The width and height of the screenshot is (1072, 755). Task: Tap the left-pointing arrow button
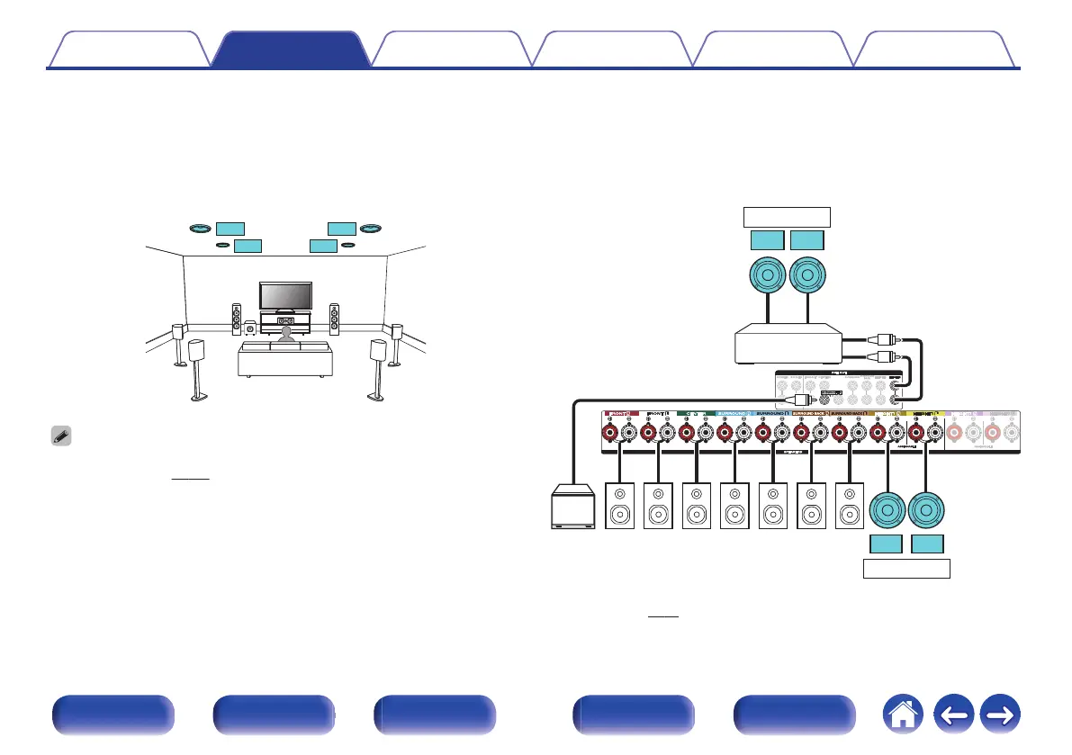point(955,715)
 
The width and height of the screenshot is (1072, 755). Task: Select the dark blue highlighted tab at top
point(290,49)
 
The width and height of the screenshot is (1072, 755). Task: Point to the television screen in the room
point(285,295)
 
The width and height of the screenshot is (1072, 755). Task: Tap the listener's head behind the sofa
point(285,333)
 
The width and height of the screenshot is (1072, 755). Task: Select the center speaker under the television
point(286,321)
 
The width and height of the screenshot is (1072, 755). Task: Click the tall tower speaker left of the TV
point(237,320)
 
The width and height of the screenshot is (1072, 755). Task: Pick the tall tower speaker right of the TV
point(334,320)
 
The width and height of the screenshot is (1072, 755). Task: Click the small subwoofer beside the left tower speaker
point(249,328)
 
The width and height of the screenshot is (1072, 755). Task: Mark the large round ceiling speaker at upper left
point(201,229)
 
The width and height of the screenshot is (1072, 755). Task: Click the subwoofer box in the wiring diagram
point(572,508)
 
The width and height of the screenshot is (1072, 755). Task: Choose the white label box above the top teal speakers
point(785,217)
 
